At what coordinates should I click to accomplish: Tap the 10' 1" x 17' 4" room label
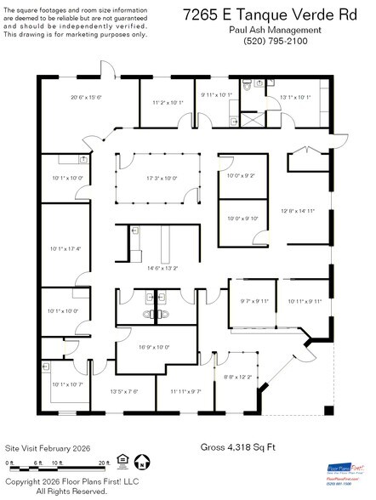(x=66, y=248)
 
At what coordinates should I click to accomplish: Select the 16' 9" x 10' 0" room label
(x=154, y=347)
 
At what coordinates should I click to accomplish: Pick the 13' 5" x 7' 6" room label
(x=124, y=391)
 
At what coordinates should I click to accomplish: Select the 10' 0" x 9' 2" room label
(x=242, y=176)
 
